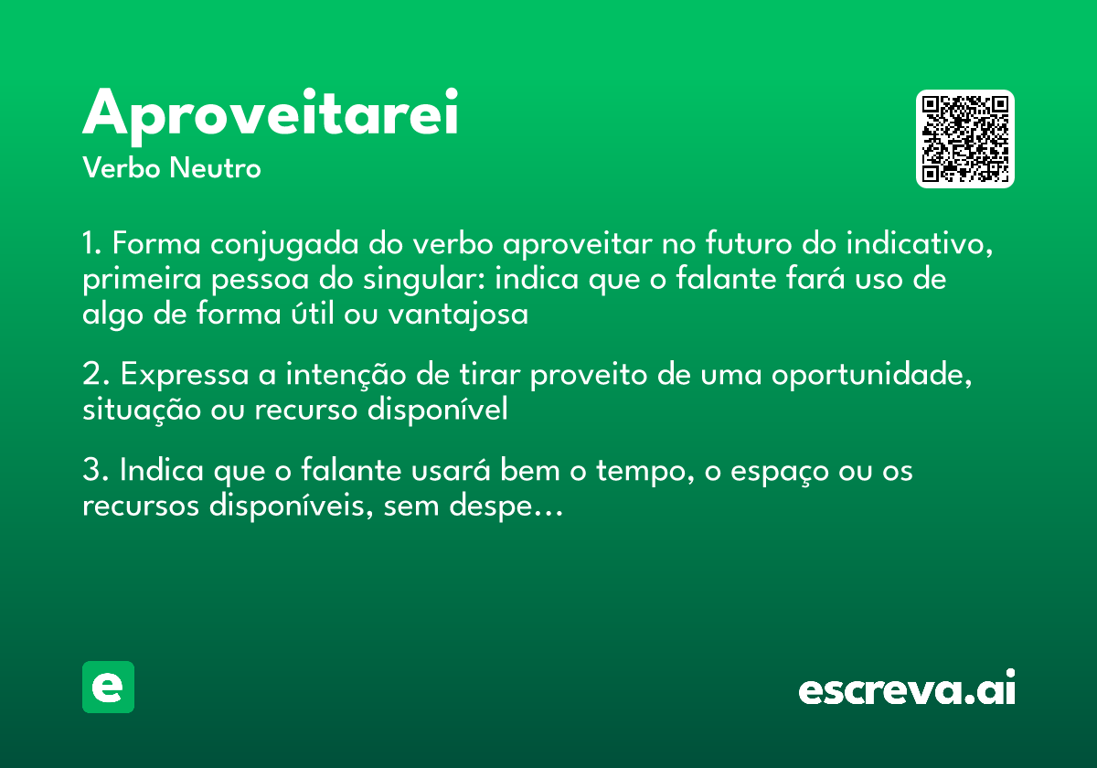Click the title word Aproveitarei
271,113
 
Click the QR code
965,139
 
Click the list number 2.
92,376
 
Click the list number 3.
92,472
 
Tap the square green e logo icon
108,687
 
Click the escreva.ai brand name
907,689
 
